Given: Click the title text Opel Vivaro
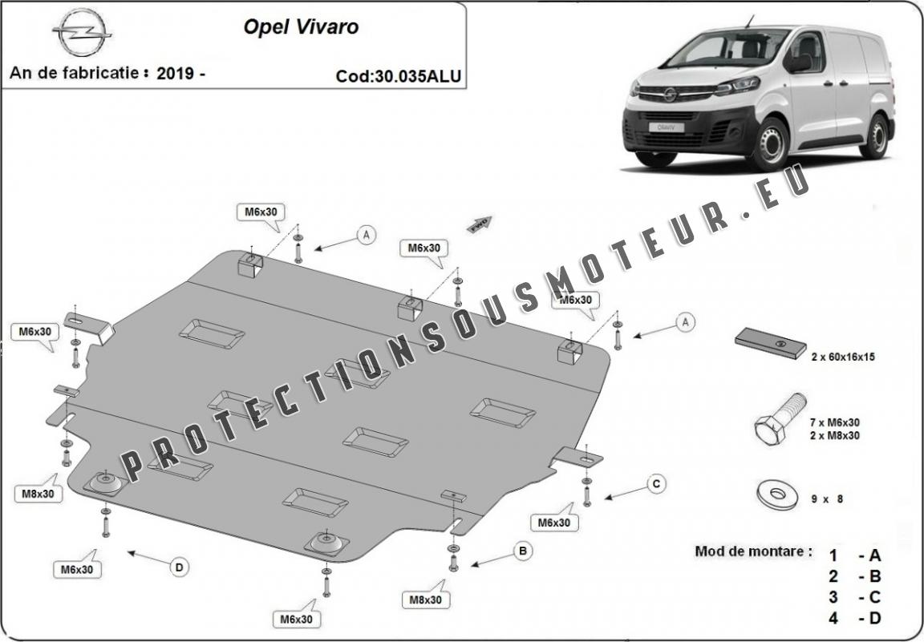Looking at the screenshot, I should (301, 27).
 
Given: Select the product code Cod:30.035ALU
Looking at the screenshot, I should (399, 76).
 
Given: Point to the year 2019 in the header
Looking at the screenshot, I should (176, 73).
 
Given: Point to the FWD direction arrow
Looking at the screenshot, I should (480, 223).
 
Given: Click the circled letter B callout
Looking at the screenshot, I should (522, 551).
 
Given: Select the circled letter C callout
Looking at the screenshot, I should (655, 483).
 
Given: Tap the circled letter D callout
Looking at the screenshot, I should (179, 567).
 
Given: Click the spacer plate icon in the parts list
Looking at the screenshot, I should (771, 342).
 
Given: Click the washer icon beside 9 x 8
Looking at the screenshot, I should (772, 492).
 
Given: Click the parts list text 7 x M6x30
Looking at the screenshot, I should (835, 422).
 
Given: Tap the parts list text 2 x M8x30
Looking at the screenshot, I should (835, 435).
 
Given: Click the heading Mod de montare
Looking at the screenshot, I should (753, 551).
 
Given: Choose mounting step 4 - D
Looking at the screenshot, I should (855, 618).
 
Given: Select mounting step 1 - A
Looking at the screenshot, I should (855, 555).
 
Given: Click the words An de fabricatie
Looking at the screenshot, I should (76, 73).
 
